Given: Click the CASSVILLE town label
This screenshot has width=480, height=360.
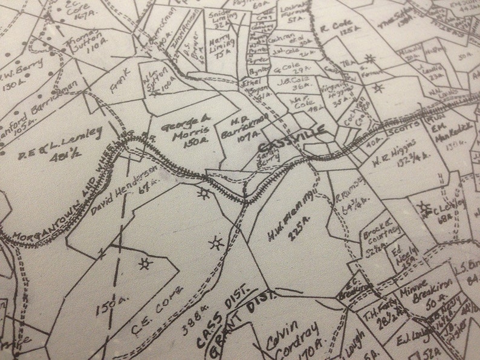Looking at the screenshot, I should [291, 140].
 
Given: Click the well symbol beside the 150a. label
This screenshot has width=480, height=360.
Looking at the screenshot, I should [144, 263].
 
